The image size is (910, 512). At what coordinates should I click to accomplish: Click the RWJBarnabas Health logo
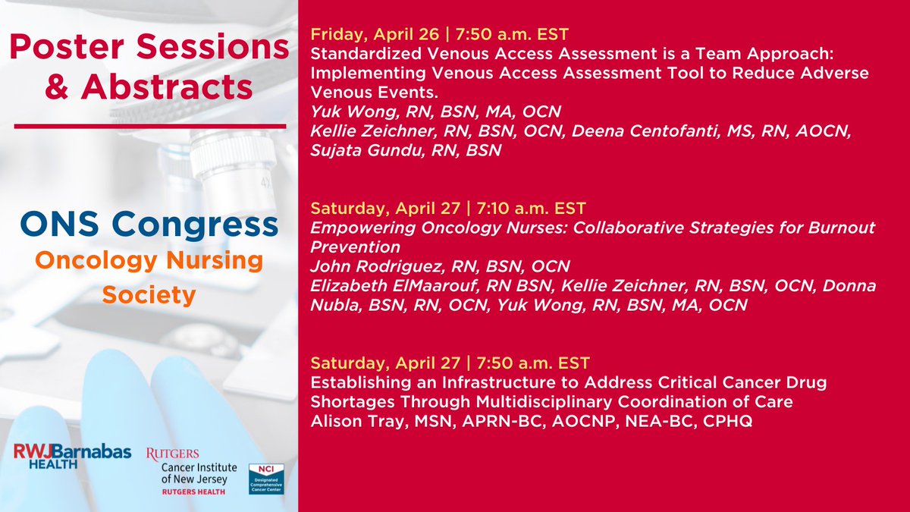click(x=72, y=456)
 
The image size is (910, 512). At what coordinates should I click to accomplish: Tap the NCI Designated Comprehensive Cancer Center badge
click(x=266, y=479)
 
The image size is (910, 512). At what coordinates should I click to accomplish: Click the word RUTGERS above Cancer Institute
click(x=173, y=454)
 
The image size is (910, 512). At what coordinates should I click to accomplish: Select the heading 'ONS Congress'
click(x=149, y=224)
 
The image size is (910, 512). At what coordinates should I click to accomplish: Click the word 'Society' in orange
click(x=149, y=294)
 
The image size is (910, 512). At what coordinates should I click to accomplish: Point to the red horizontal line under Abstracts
click(x=150, y=127)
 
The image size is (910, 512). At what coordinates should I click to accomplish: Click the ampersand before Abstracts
click(x=57, y=86)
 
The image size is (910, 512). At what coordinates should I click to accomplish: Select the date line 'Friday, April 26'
click(x=375, y=34)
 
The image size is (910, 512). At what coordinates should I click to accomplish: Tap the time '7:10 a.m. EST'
click(x=531, y=208)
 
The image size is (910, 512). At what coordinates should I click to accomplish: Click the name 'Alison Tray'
click(x=358, y=421)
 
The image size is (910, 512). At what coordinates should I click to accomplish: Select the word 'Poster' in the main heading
click(x=67, y=47)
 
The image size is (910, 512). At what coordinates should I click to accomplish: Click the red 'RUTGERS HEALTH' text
click(x=193, y=492)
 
